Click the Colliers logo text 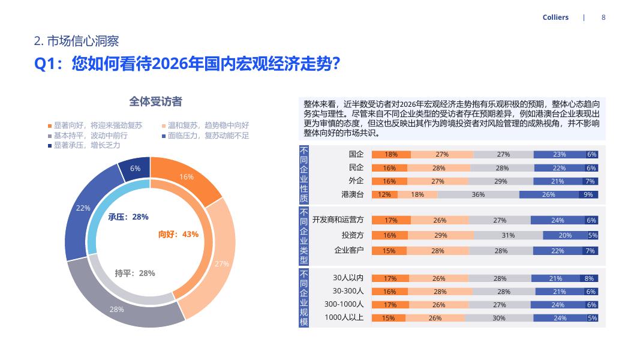click(x=555, y=17)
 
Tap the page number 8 click(x=603, y=17)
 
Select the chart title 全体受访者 click(x=155, y=101)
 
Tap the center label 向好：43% click(x=178, y=234)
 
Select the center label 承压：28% click(x=128, y=217)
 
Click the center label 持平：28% click(x=135, y=273)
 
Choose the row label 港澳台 click(x=352, y=194)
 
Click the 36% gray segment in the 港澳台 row click(x=478, y=194)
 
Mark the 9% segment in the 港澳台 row click(x=588, y=194)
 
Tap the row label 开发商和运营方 click(x=338, y=220)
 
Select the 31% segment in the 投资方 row click(x=508, y=235)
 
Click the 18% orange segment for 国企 click(x=391, y=154)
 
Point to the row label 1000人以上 click(x=344, y=317)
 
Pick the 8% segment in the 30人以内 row click(x=589, y=278)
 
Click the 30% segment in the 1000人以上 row click(x=498, y=318)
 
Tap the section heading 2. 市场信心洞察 click(x=76, y=41)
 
